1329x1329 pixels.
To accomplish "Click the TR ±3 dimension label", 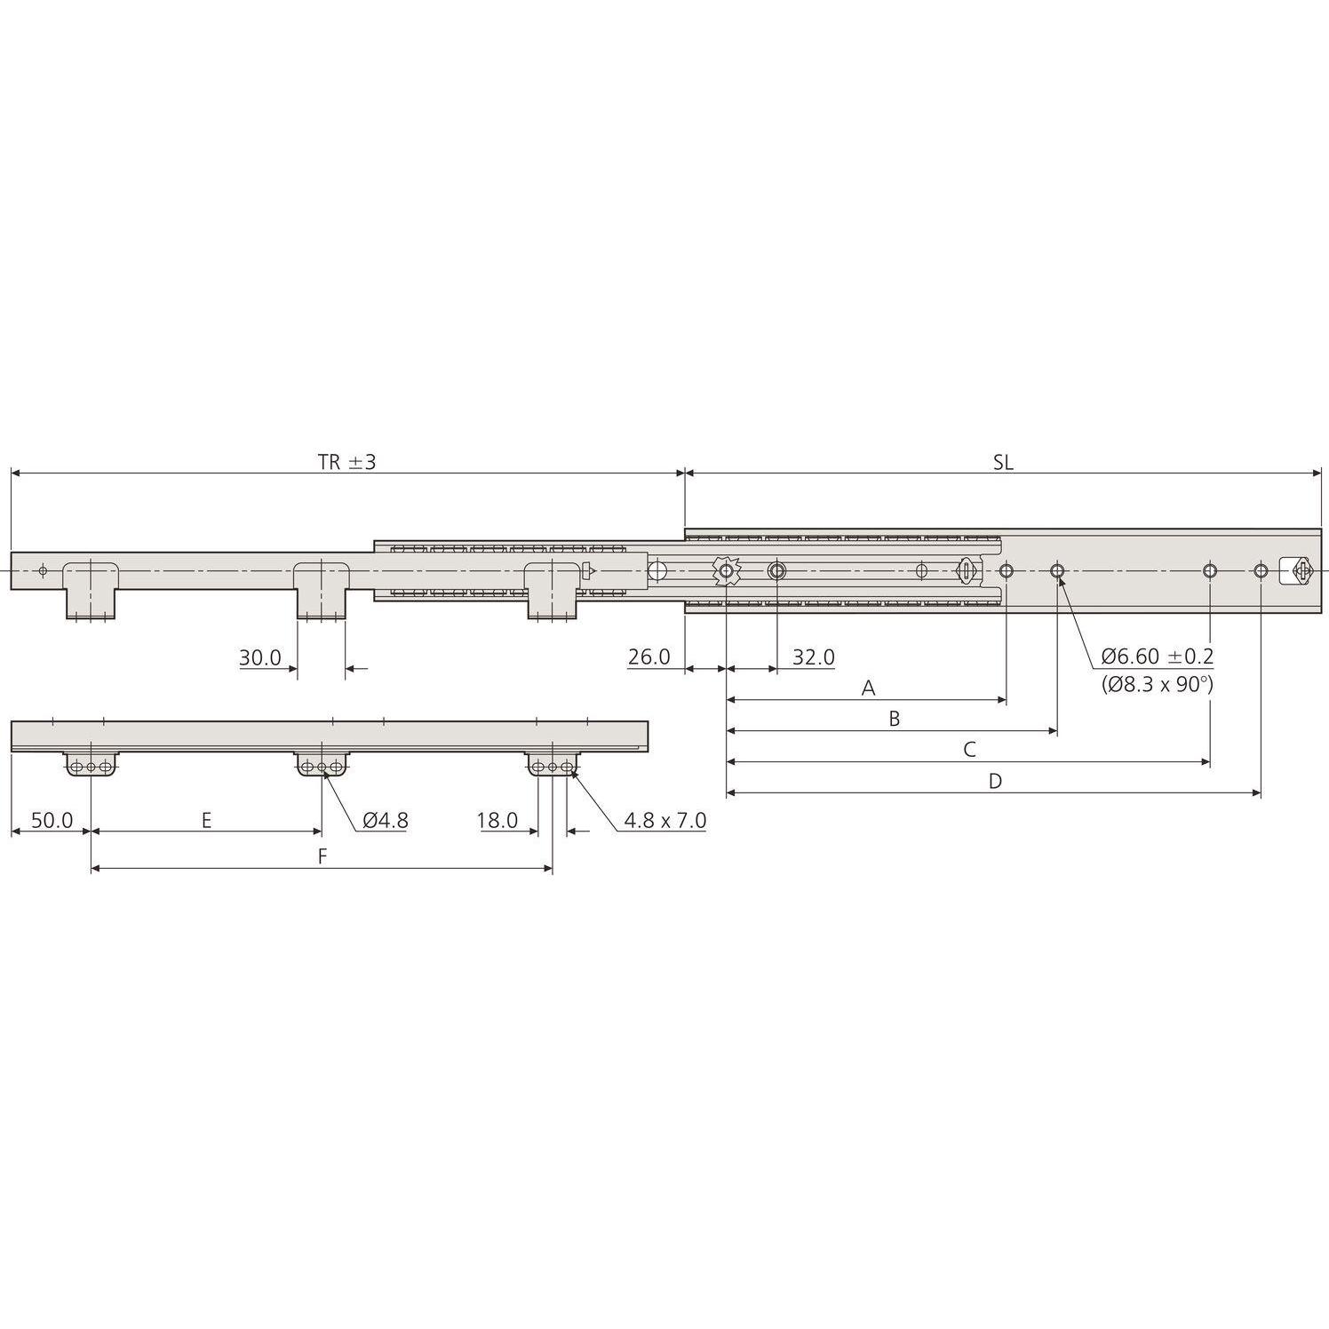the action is coord(347,463).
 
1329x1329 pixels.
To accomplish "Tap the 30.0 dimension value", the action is coord(260,658).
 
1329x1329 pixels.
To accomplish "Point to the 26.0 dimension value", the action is coord(649,657).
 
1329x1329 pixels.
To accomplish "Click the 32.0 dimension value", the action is coord(814,657).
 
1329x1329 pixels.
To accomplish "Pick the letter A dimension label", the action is coord(869,688).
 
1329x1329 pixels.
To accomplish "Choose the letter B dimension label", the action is coord(895,719).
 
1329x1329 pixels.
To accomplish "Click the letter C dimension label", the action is coord(969,750).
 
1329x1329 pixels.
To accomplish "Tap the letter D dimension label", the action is coord(995,781).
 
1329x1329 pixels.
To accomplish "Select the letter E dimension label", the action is coord(206,820).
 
